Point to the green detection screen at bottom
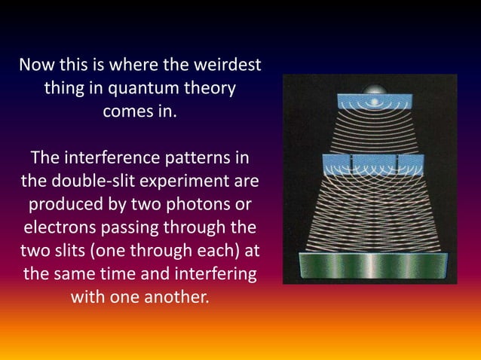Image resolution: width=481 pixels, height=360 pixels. point(369,267)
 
